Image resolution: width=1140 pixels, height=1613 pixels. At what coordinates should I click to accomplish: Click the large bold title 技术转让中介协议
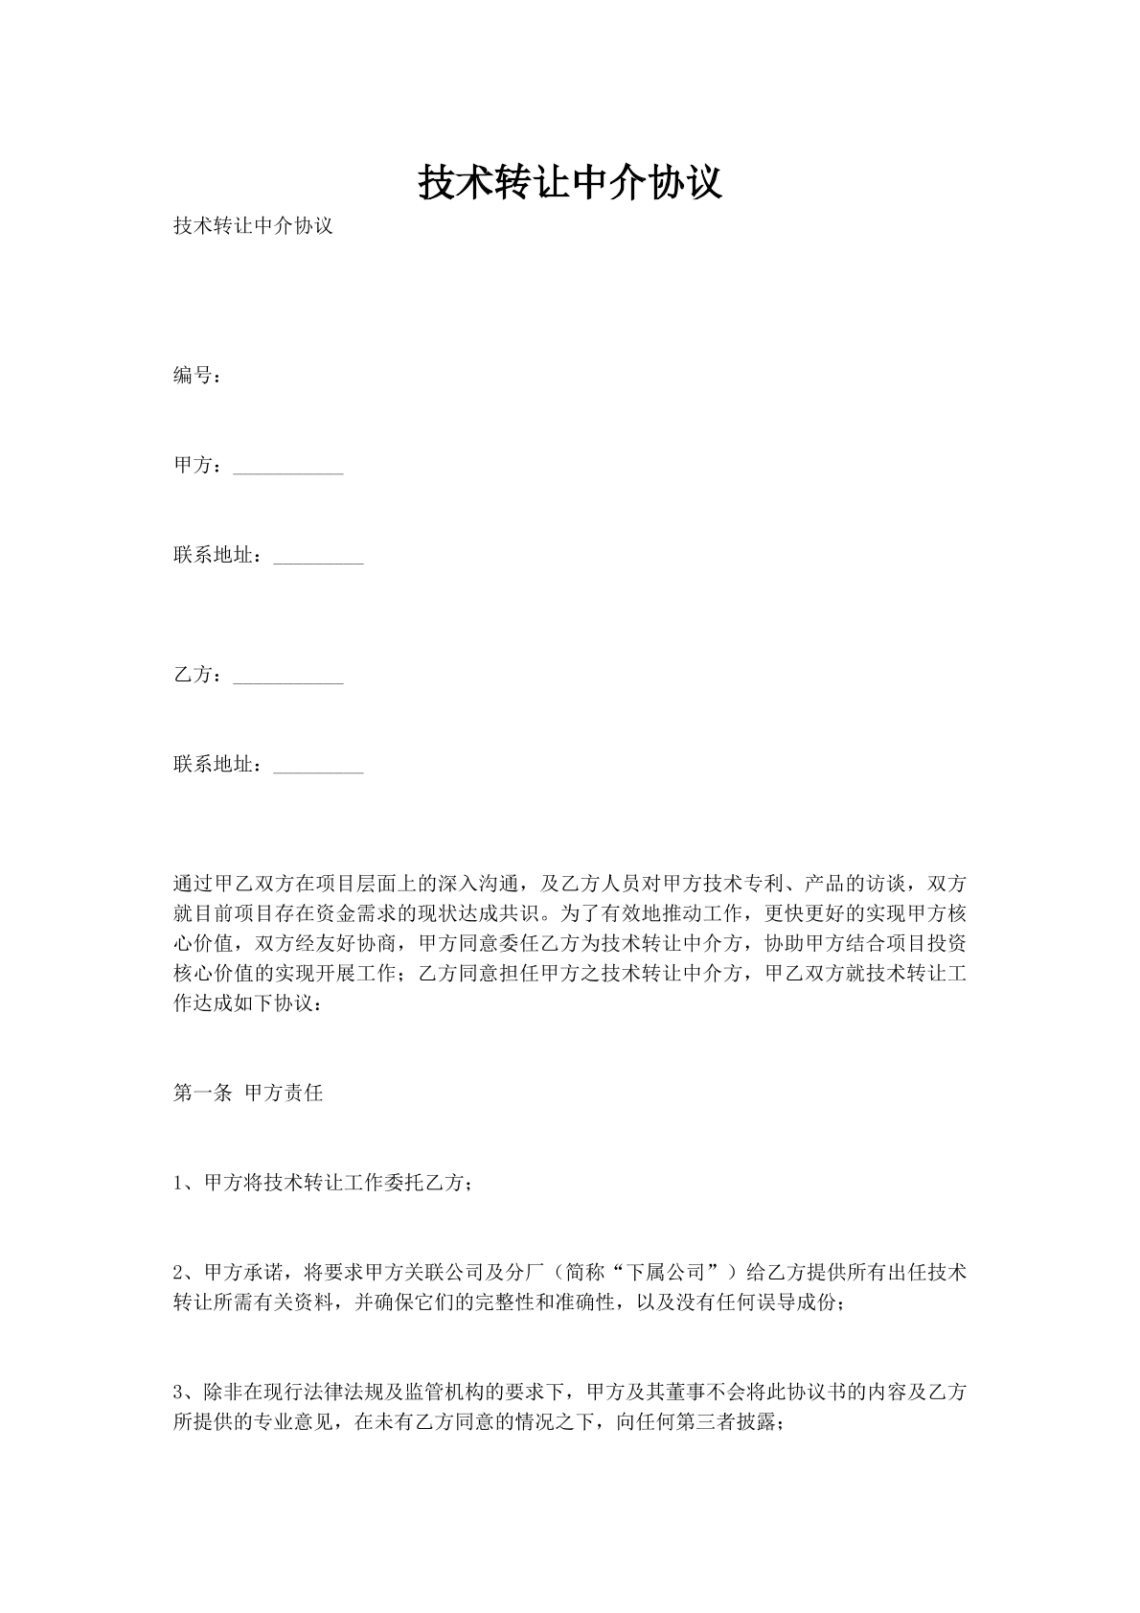(x=569, y=182)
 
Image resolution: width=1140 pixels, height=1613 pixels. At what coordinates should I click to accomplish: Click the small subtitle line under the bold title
(x=253, y=227)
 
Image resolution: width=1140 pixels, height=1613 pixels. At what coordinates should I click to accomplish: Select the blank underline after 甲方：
(x=287, y=470)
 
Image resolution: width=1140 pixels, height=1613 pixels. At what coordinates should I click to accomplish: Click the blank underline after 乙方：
(x=287, y=680)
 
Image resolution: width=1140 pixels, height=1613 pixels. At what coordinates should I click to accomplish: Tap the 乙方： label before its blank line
(x=199, y=676)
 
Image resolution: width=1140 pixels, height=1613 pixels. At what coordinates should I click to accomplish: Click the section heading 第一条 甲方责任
(x=248, y=1093)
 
